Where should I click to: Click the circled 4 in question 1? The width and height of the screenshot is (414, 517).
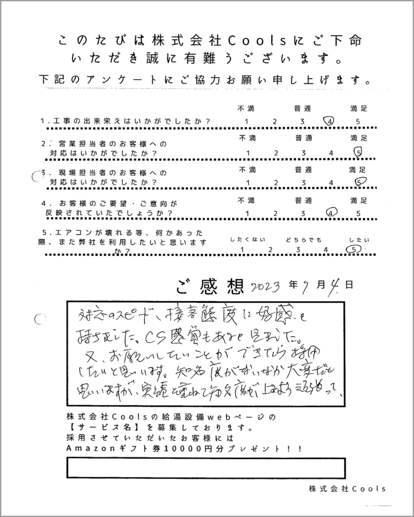(x=329, y=121)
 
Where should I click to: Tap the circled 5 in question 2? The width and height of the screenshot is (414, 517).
(x=358, y=152)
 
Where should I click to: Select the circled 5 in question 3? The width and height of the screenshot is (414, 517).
(x=359, y=182)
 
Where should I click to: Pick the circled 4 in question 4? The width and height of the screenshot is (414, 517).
(x=331, y=213)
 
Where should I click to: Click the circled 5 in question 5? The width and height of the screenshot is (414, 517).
(x=354, y=249)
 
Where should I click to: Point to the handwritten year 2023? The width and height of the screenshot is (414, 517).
(x=265, y=286)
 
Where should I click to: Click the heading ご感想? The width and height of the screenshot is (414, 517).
(x=210, y=286)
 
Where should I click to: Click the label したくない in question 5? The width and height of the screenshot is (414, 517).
(x=248, y=240)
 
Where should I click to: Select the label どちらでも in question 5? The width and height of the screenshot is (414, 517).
(x=304, y=240)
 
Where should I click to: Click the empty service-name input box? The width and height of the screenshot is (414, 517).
(x=206, y=468)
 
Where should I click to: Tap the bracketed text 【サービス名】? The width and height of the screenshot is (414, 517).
(x=105, y=427)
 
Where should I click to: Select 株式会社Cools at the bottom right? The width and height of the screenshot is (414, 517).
(x=347, y=489)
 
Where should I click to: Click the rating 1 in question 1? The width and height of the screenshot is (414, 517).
(x=246, y=122)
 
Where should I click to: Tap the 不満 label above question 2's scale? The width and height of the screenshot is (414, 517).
(x=248, y=138)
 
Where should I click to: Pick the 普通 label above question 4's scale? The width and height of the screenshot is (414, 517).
(x=303, y=201)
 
